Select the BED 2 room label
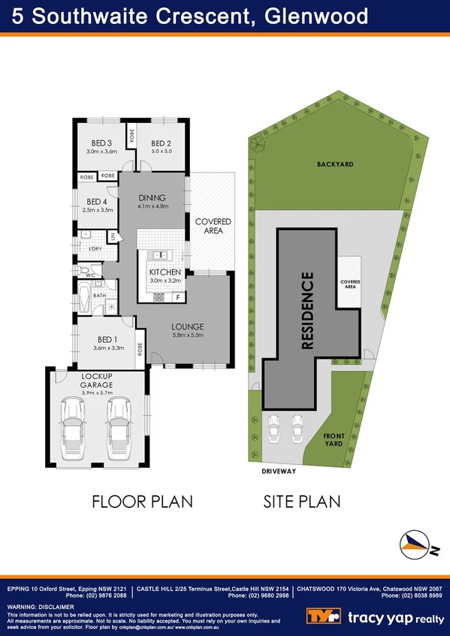pos(162,144)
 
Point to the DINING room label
pos(152,198)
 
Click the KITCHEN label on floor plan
pos(165,271)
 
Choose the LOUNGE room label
pos(186,327)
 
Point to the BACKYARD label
pos(334,163)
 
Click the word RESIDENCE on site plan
pos(307,310)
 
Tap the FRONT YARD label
pos(334,439)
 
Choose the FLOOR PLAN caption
pos(142,501)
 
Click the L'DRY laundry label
pos(95,247)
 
